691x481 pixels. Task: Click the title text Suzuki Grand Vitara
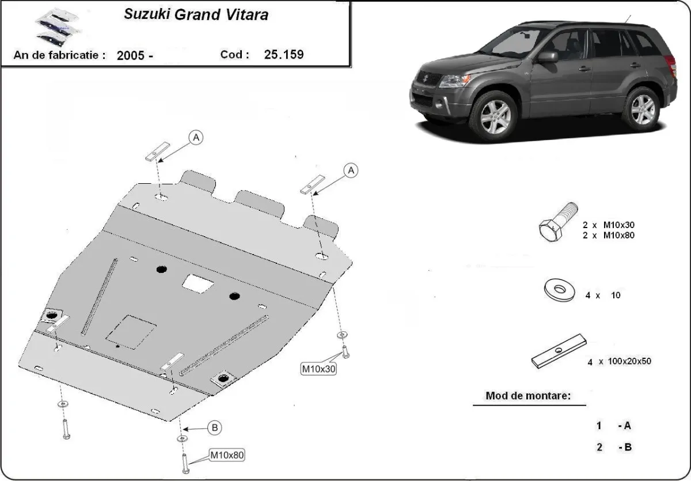[196, 15]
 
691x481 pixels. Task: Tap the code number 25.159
[284, 55]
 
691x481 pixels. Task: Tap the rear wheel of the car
[642, 108]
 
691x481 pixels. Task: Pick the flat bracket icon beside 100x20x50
[557, 351]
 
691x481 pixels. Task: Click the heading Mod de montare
[528, 396]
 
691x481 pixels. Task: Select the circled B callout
[214, 427]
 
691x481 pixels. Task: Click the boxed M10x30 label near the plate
[318, 368]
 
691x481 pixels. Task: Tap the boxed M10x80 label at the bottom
[226, 455]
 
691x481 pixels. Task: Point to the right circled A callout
[351, 170]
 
